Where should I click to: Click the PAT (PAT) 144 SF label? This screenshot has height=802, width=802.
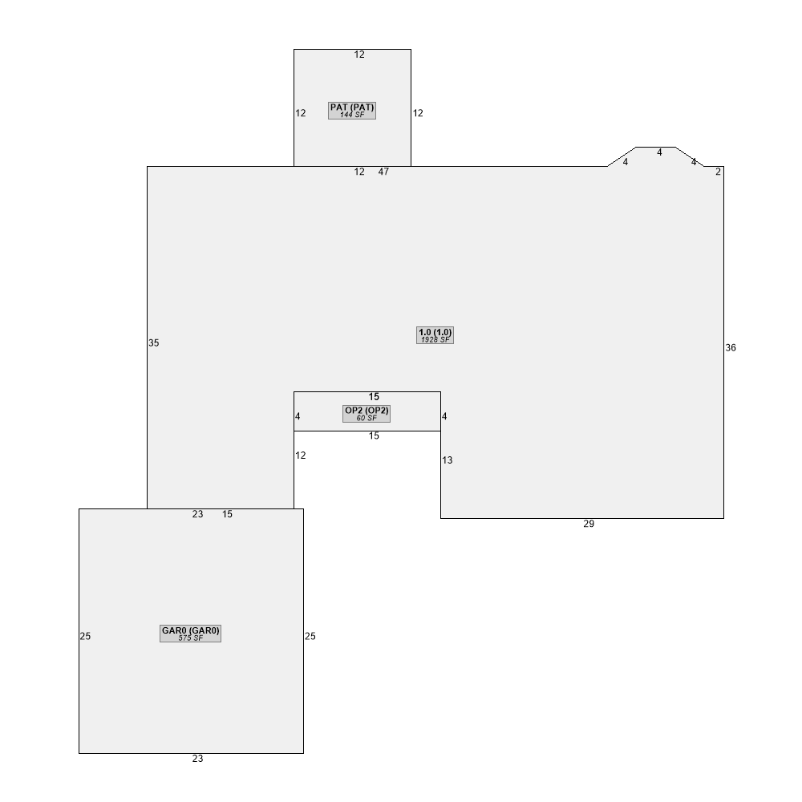click(x=352, y=111)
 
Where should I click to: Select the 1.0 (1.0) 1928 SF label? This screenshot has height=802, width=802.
click(x=435, y=335)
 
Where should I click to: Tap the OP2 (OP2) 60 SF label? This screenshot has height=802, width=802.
click(x=367, y=414)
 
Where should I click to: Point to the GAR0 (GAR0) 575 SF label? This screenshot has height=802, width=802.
click(x=190, y=634)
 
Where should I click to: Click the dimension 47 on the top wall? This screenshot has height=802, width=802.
click(x=383, y=172)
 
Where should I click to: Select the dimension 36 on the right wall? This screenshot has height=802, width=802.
click(x=731, y=348)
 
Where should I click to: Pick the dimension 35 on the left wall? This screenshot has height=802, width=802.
click(x=153, y=343)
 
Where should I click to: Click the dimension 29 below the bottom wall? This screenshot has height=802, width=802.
click(x=589, y=524)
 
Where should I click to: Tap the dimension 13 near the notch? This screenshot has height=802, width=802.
click(x=447, y=460)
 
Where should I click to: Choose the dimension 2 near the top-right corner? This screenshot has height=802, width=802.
click(x=718, y=172)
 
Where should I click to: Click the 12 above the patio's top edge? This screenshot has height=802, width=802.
click(x=359, y=55)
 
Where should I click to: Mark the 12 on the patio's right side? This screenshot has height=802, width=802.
click(x=418, y=113)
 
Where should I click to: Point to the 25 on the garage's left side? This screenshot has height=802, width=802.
click(x=85, y=636)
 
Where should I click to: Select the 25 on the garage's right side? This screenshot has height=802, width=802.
click(x=310, y=636)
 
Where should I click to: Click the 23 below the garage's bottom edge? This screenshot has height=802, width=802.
click(x=197, y=759)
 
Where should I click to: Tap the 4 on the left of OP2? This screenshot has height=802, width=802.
click(x=298, y=416)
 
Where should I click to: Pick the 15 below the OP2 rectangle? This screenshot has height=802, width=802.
click(x=374, y=435)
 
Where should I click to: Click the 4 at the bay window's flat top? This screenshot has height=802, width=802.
click(x=659, y=152)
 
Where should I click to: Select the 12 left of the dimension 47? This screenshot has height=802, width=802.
click(x=359, y=172)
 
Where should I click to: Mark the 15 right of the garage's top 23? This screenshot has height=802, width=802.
click(x=227, y=515)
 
